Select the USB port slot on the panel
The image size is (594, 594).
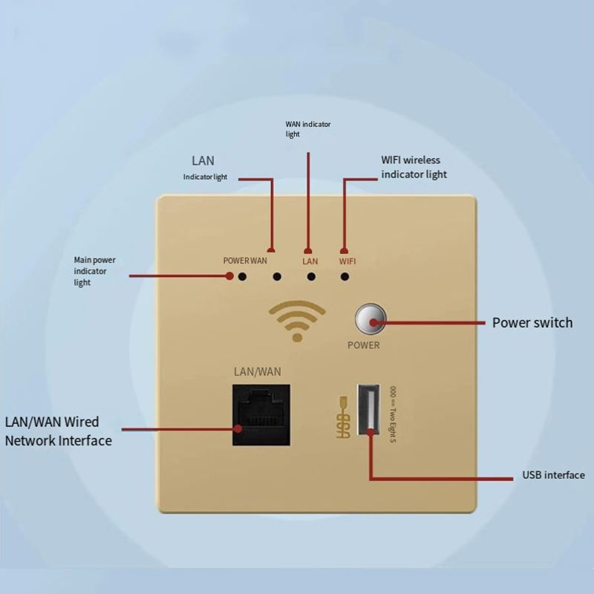point(369,409)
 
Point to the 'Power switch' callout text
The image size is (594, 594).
point(532,323)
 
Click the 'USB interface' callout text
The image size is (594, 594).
point(553,475)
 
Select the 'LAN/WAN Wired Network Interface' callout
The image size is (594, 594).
point(58,431)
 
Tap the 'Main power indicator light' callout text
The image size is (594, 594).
point(94,271)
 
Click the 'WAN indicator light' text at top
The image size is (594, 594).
point(308,129)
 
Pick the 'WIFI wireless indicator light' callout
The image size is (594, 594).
point(414,167)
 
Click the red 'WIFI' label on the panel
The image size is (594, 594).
point(347,261)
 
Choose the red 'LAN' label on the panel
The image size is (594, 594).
point(310,261)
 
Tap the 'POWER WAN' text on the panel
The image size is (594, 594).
point(245,261)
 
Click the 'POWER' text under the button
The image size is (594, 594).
point(364,345)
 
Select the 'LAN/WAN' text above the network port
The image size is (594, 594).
point(257,371)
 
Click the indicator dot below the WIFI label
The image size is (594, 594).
point(345,277)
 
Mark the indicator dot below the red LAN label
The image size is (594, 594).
point(311,277)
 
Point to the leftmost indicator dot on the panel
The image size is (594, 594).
point(242,277)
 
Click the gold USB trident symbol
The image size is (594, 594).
point(343,419)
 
